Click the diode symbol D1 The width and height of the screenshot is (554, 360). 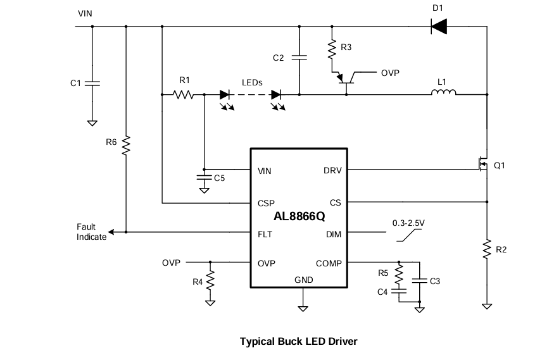[438, 26]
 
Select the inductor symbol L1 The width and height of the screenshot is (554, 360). [443, 94]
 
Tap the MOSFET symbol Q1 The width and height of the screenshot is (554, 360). [482, 164]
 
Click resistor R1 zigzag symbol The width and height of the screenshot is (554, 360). [184, 94]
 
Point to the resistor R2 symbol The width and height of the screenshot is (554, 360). [487, 249]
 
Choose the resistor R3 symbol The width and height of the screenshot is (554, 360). [331, 49]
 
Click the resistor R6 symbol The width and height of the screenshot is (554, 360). [127, 145]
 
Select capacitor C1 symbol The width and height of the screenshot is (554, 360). [92, 83]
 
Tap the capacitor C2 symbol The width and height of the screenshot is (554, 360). [299, 58]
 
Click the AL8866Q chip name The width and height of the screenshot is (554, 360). [299, 217]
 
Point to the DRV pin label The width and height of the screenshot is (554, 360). [332, 170]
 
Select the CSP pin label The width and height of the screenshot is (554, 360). [266, 203]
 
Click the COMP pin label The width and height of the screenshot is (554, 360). [329, 263]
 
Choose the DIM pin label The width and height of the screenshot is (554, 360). [334, 233]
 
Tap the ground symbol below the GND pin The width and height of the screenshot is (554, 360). [303, 308]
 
